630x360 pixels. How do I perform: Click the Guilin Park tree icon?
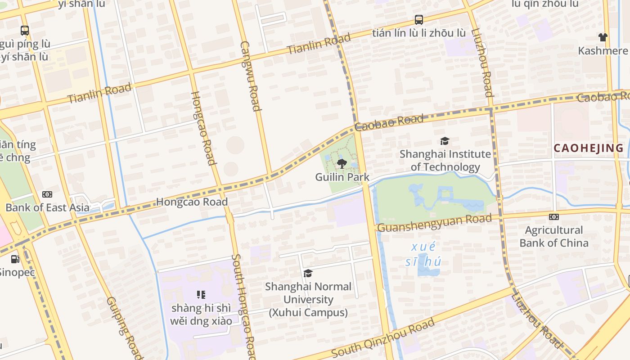click(342, 163)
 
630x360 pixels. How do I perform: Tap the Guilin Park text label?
click(342, 177)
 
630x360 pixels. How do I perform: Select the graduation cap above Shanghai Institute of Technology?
click(445, 141)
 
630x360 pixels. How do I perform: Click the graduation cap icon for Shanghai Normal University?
click(308, 273)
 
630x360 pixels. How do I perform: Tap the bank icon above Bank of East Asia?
click(47, 194)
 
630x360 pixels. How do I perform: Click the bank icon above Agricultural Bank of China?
click(554, 217)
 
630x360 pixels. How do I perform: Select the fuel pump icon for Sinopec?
click(15, 259)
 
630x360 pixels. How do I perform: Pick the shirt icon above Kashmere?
click(603, 37)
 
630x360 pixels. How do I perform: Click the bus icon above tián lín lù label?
click(419, 20)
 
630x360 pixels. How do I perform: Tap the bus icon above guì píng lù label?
click(25, 31)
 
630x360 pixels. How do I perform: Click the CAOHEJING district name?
click(589, 148)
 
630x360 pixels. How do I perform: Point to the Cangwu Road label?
click(251, 76)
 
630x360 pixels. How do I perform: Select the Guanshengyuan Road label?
click(434, 223)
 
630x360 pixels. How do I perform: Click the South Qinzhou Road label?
click(383, 337)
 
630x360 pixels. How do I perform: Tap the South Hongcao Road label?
click(243, 306)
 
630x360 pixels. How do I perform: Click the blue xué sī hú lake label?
click(423, 254)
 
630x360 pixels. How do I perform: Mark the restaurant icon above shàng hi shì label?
click(201, 295)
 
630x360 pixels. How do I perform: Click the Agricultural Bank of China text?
click(554, 236)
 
